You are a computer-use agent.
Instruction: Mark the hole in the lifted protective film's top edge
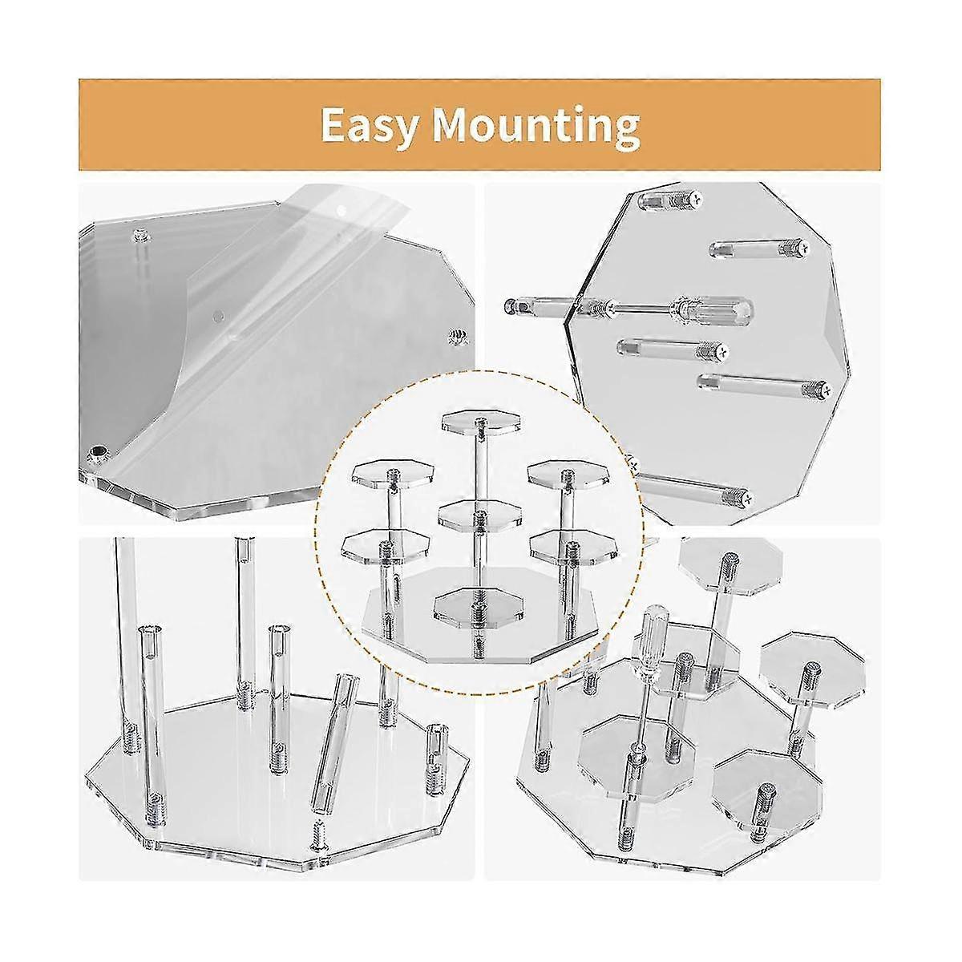click(344, 209)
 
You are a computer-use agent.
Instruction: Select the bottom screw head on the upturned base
click(747, 499)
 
